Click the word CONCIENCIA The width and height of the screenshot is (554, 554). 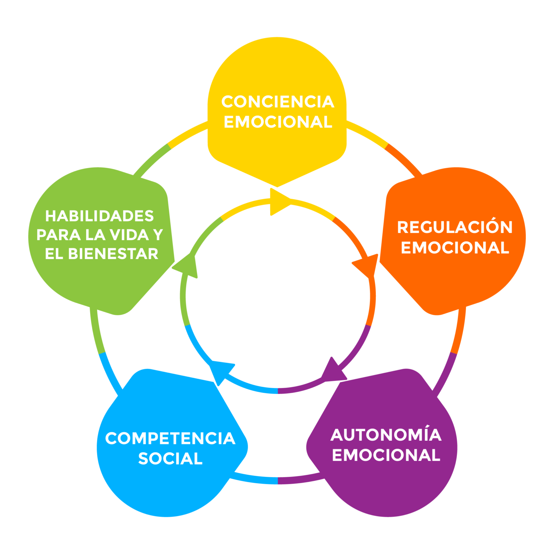277,102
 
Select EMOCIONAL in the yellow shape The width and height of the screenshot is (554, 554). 277,122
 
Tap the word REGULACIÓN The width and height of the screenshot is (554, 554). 455,227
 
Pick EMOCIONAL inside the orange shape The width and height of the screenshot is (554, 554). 455,247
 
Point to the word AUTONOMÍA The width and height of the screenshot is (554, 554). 386,435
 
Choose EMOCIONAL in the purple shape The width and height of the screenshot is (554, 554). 386,455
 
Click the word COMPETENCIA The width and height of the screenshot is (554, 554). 170,438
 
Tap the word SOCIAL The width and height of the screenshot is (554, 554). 170,458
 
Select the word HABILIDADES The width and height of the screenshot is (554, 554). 100,216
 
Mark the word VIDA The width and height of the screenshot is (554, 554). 129,235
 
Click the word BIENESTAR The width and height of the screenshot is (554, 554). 113,254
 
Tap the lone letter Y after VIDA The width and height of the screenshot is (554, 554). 158,235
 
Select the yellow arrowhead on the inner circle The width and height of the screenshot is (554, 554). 278,203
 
